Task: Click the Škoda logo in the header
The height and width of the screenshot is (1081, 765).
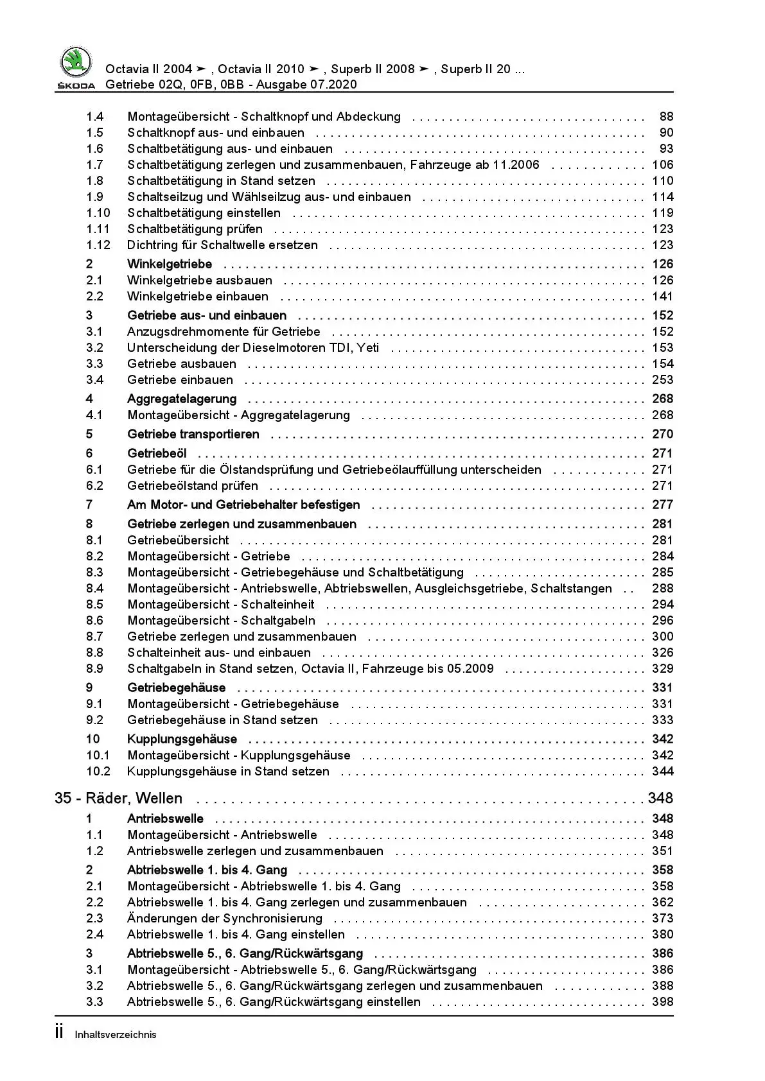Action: [x=76, y=65]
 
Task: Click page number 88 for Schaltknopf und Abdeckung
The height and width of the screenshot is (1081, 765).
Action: [x=666, y=117]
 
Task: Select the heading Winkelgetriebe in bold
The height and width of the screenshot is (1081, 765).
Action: [x=170, y=264]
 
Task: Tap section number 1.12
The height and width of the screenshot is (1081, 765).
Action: [x=98, y=245]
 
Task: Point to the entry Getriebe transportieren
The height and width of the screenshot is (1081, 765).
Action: [x=193, y=434]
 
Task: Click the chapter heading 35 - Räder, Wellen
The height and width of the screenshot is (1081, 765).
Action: [x=119, y=798]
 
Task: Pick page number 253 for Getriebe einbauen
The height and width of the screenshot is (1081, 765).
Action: [x=663, y=380]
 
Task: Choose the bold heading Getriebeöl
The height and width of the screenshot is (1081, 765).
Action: [x=157, y=453]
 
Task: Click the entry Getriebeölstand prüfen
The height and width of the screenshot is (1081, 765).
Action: [x=193, y=486]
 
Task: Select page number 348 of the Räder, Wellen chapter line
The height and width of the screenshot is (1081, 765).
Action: [x=660, y=798]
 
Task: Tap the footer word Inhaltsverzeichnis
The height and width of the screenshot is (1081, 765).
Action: [x=116, y=1035]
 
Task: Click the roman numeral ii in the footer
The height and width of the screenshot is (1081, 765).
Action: [x=59, y=1033]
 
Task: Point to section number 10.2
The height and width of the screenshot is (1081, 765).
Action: [x=98, y=772]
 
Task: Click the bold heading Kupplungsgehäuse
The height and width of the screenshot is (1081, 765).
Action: [x=182, y=739]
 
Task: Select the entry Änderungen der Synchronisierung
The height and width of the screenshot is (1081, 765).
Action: [x=225, y=919]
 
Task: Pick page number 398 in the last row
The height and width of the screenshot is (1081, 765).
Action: [x=663, y=1002]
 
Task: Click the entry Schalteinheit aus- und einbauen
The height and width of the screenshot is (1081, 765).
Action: [x=219, y=653]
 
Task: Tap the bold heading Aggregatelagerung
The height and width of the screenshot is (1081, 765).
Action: [x=182, y=399]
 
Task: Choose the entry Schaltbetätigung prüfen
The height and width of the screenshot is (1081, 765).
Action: [x=195, y=229]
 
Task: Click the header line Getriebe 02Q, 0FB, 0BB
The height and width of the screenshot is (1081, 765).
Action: [x=231, y=85]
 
